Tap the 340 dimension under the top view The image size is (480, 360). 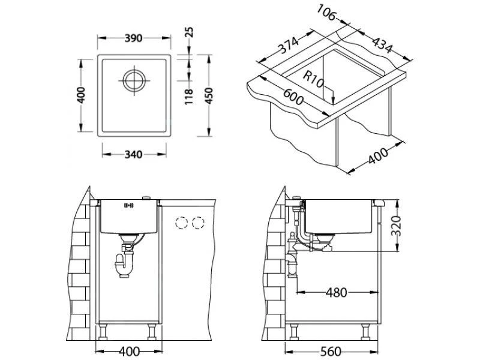(x=133, y=155)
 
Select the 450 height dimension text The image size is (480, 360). (x=207, y=96)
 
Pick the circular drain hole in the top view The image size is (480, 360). (x=133, y=80)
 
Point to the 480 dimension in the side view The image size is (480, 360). (x=337, y=293)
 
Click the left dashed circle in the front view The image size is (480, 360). (x=180, y=224)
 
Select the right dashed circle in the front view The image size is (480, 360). (x=196, y=224)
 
